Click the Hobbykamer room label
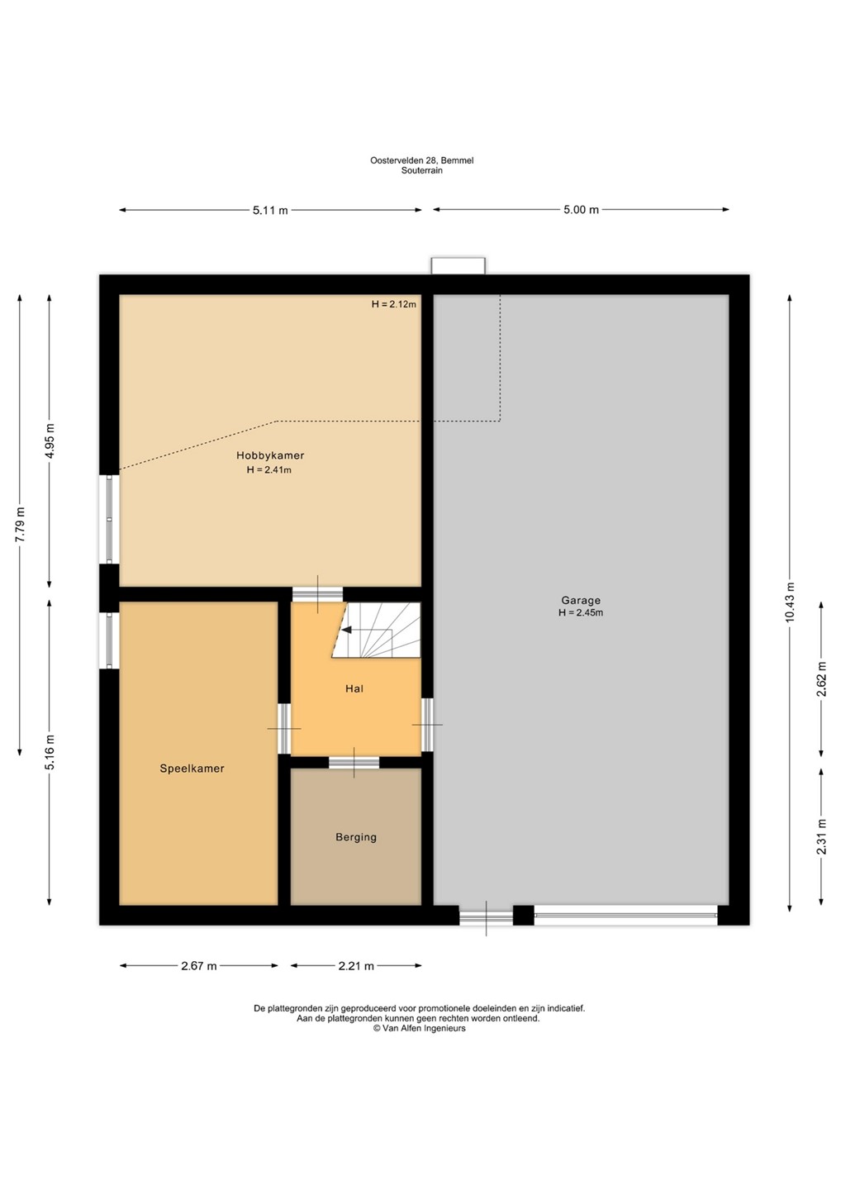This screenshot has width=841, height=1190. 270,455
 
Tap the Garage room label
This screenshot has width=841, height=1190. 581,600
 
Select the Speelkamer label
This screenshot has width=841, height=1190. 192,769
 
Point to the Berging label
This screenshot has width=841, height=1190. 356,837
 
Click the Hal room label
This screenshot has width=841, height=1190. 354,688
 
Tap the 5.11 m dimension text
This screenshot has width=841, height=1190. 270,211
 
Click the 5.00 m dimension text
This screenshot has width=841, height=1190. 582,210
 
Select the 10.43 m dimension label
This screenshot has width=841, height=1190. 790,602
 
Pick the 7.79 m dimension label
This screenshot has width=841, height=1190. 20,525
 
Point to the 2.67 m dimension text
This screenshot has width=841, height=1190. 199,966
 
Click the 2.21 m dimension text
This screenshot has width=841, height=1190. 356,966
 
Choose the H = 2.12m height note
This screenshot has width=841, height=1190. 393,304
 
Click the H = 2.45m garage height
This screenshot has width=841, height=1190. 581,612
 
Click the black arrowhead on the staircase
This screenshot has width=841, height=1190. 346,630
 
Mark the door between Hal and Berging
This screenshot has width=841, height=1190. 354,762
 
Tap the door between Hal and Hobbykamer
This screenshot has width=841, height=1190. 317,594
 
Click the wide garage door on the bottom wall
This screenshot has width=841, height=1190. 626,915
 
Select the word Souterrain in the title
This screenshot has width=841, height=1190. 421,170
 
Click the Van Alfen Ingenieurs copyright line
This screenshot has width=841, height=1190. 420,1029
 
